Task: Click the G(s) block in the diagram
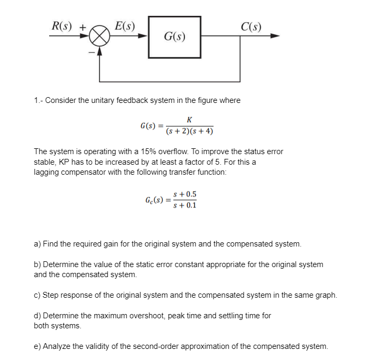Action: tap(174, 37)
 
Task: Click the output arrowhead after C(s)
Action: tap(274, 36)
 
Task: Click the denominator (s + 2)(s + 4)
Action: tap(189, 131)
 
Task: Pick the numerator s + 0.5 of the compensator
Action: tap(185, 194)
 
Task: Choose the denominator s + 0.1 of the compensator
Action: tap(185, 205)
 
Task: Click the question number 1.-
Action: tap(38, 100)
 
